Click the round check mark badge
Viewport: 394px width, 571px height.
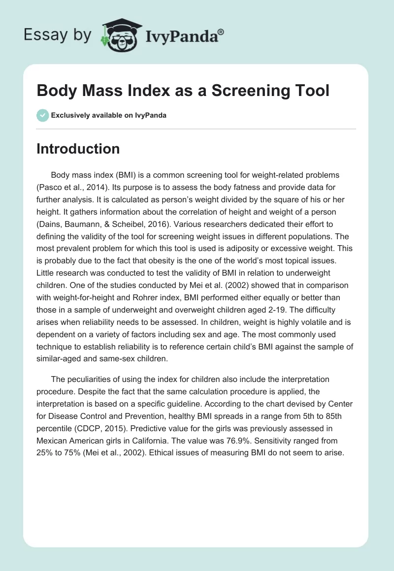[42, 115]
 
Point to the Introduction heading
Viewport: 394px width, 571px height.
[78, 149]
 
